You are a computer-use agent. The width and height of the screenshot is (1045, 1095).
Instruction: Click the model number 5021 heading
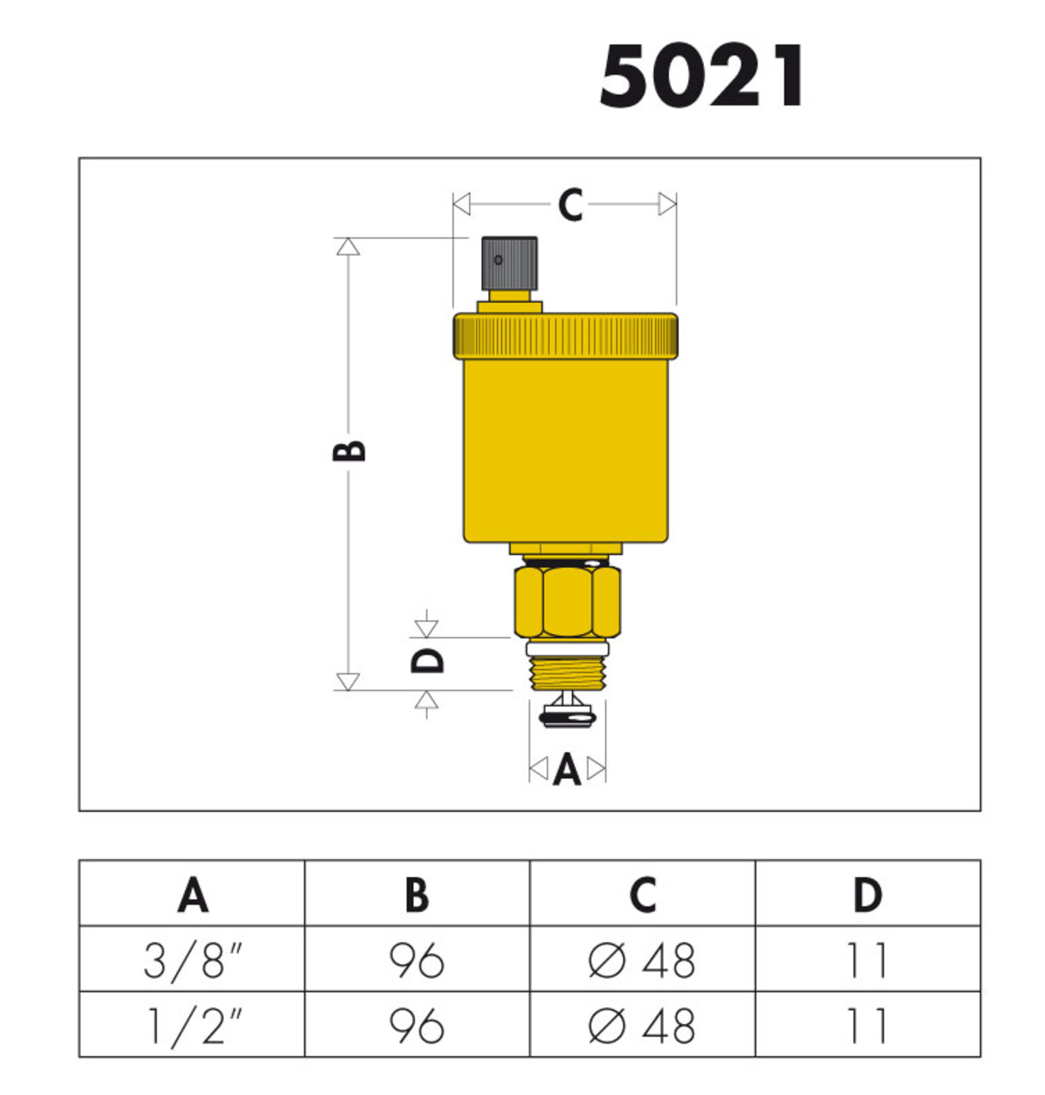point(702,77)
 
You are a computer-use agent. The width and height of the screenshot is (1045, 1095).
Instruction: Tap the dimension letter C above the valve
point(570,205)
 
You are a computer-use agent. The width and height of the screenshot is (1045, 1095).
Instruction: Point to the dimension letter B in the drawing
point(349,450)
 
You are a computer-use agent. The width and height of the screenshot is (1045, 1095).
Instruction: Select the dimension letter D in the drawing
point(427,660)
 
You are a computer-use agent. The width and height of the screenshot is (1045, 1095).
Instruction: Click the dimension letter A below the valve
point(567,771)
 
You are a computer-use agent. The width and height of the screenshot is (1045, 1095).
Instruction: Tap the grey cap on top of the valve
point(509,263)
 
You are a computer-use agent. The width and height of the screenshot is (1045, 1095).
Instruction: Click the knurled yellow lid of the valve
point(566,336)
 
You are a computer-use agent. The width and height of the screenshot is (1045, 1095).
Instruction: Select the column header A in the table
point(192,894)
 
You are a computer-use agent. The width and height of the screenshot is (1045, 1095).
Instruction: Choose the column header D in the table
point(867,894)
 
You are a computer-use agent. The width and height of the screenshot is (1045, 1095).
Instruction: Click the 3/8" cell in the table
point(192,960)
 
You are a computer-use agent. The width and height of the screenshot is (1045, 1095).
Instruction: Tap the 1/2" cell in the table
point(192,1025)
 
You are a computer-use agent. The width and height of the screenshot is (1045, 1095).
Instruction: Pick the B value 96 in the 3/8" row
point(416,960)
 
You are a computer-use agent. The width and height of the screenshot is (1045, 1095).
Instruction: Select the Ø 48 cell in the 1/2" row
point(642,1025)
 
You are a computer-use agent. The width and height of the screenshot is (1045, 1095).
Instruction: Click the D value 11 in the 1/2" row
point(867,1025)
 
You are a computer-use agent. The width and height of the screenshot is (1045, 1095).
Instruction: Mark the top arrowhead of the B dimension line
point(348,247)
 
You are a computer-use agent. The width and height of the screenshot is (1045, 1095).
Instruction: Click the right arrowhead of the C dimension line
point(667,204)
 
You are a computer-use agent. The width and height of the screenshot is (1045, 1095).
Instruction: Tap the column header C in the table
point(642,894)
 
